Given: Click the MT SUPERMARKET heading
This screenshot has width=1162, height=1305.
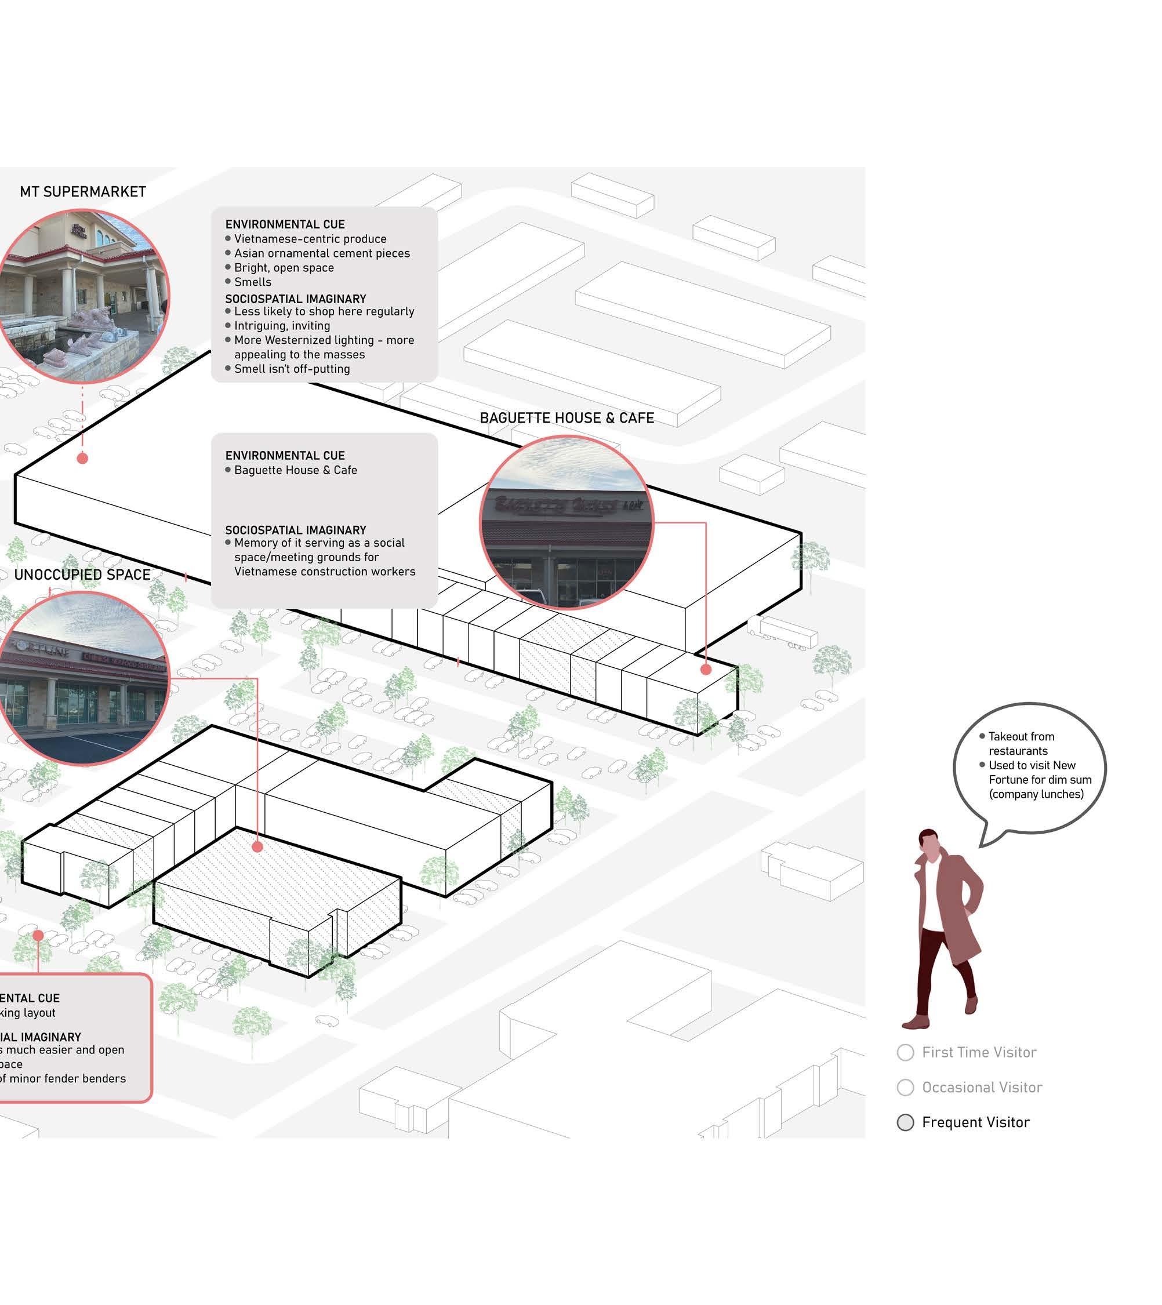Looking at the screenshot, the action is pos(83,191).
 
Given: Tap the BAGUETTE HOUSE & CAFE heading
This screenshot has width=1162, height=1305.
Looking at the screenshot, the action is pos(567,418).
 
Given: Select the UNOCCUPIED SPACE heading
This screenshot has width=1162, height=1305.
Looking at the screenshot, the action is pos(82,575).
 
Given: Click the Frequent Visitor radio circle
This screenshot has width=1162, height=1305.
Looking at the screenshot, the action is pos(905,1122).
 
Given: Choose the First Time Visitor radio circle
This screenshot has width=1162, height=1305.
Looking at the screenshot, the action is pos(905,1052).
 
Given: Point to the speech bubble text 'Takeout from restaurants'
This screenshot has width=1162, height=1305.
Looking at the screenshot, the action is pos(1021,744).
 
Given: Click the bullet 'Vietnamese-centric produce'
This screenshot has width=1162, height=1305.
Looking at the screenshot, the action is pos(310,239).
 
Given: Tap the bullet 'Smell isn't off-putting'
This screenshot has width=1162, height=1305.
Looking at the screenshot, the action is pos(292,369).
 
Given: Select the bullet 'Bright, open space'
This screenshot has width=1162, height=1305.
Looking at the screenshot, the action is pos(284,267).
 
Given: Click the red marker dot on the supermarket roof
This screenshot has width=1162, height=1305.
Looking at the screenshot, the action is pos(82,459).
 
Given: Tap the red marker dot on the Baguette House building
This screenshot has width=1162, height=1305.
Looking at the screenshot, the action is pos(706,670).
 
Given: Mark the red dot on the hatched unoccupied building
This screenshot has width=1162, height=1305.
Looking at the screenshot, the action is pos(257,847).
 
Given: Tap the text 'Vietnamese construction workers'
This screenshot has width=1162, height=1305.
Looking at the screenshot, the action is pos(324,572).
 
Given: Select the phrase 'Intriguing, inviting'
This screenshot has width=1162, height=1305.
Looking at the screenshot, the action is pos(282,326).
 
